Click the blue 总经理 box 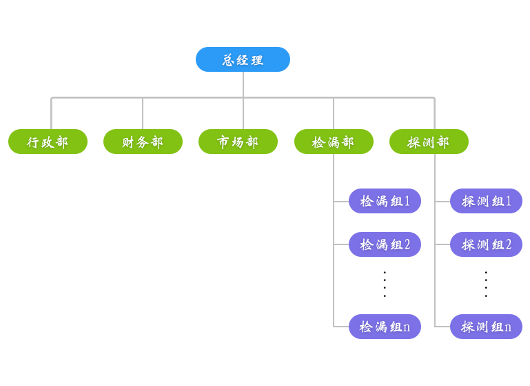[243, 59]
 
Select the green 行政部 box [48, 142]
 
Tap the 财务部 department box [143, 142]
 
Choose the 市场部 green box [238, 142]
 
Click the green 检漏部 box [334, 142]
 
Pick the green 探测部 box [429, 142]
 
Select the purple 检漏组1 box [385, 201]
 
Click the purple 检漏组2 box [385, 244]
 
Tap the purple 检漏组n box [385, 327]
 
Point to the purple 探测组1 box [486, 201]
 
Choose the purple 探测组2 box [486, 244]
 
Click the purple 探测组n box [486, 327]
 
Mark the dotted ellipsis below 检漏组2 [385, 284]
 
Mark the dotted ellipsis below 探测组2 [486, 284]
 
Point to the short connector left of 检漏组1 [341, 202]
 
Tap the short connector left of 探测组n [442, 327]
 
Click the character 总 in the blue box [229, 60]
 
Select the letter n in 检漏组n [407, 327]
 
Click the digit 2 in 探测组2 [509, 244]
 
